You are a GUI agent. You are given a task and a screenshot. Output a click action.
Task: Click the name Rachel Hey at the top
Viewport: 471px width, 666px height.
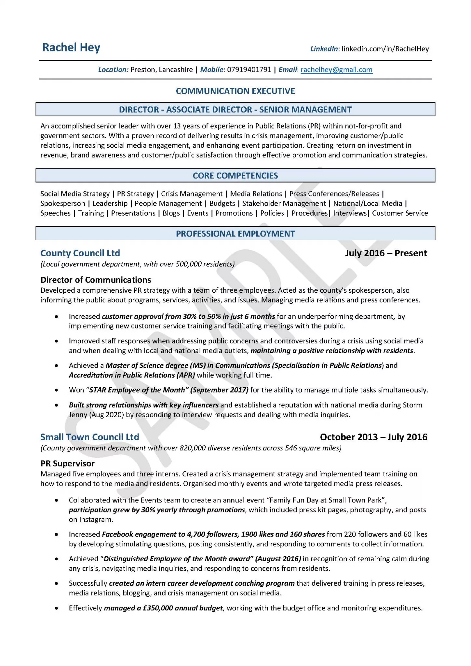[x=71, y=47]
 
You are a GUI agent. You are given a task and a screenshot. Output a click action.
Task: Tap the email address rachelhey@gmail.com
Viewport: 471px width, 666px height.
[x=336, y=70]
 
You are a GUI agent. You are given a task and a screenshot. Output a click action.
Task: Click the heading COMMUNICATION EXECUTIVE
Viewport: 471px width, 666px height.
[x=235, y=91]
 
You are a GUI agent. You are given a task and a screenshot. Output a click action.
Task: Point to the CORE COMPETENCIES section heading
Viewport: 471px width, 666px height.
[x=235, y=176]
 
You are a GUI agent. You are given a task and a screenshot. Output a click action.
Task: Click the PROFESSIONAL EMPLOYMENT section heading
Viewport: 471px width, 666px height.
[x=235, y=233]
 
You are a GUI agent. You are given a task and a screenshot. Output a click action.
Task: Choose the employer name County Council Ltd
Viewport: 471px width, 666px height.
[x=80, y=253]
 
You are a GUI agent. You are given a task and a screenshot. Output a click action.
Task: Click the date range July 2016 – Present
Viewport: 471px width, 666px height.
[x=386, y=253]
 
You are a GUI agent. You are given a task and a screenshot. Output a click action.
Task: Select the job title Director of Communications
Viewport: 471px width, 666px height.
[x=96, y=280]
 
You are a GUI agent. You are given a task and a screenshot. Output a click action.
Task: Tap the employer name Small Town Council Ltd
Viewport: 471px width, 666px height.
[x=89, y=437]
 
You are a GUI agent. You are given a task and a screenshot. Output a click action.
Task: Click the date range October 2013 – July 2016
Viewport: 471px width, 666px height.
[x=373, y=437]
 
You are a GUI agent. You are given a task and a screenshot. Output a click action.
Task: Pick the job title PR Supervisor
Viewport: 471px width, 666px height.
[x=67, y=463]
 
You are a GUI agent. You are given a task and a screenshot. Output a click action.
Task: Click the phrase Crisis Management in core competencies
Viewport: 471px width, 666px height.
[x=192, y=194]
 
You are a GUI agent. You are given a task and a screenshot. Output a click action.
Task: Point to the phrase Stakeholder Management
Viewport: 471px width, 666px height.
[x=284, y=204]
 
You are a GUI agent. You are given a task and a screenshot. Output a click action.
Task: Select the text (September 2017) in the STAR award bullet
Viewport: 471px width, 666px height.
[x=220, y=390]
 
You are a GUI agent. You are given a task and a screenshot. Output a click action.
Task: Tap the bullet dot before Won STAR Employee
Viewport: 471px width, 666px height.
[x=57, y=390]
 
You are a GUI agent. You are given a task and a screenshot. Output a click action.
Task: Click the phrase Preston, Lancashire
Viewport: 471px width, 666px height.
[x=161, y=70]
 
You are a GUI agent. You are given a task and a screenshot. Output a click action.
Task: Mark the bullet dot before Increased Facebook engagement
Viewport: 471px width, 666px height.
[x=57, y=534]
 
